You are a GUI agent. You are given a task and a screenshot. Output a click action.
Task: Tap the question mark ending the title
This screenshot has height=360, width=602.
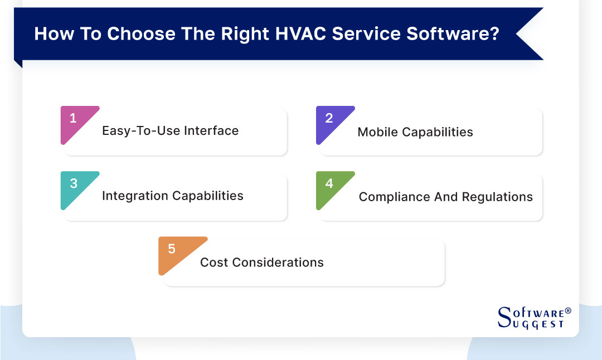[493, 34]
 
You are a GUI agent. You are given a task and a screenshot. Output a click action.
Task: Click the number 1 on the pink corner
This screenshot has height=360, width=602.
[72, 118]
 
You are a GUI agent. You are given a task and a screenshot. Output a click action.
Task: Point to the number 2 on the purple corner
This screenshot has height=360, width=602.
[329, 118]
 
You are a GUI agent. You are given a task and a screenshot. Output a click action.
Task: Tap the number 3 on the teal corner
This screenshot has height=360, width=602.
[72, 183]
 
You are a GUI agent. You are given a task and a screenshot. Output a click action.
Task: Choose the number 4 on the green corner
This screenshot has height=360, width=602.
[329, 183]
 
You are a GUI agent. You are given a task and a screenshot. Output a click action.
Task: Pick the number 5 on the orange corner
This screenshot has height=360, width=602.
[171, 249]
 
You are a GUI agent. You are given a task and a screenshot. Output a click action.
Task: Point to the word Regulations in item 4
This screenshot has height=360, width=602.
[498, 197]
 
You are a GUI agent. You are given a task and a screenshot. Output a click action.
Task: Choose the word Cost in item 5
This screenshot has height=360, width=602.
[211, 262]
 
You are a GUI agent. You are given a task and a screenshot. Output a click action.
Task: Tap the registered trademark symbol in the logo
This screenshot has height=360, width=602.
[568, 311]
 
